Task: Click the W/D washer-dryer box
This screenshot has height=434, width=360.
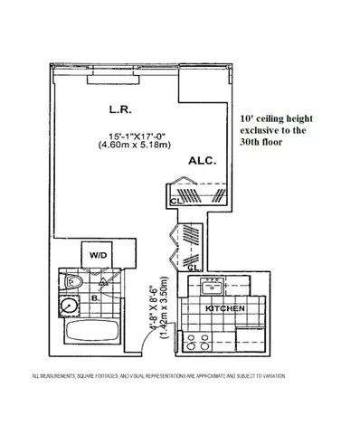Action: click(98, 256)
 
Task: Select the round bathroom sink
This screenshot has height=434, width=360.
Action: click(69, 309)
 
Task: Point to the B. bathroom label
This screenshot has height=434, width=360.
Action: click(93, 296)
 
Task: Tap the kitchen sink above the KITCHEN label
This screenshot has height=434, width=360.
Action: click(210, 287)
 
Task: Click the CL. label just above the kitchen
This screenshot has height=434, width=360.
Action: click(191, 268)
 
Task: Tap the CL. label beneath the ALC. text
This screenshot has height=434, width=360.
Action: click(173, 202)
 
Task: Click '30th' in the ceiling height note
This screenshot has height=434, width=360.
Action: click(253, 144)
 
